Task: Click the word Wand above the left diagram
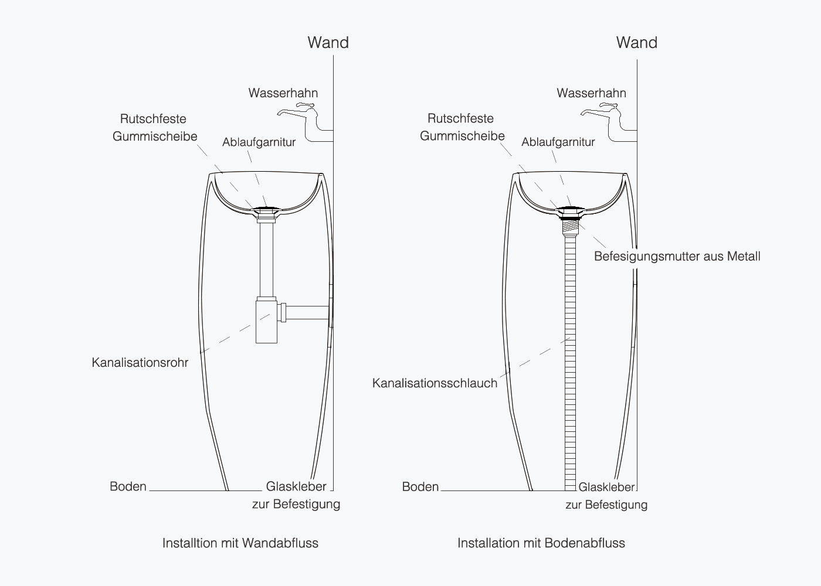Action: (x=328, y=42)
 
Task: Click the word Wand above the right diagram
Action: (x=637, y=42)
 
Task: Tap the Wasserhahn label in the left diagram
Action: (x=283, y=93)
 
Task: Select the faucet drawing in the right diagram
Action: (x=609, y=122)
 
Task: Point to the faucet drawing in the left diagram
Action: (x=306, y=122)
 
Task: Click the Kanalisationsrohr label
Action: (x=140, y=363)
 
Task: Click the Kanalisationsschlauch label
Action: (x=435, y=383)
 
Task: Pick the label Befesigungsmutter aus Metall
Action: (x=677, y=257)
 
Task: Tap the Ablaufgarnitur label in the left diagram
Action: (x=259, y=142)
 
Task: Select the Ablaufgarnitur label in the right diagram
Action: (x=558, y=142)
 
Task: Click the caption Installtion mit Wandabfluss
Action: (x=240, y=543)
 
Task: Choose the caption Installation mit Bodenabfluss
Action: (x=541, y=543)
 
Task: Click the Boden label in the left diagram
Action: (x=128, y=486)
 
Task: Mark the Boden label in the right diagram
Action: (x=420, y=487)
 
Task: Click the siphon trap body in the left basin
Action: (x=266, y=321)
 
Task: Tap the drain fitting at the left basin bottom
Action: (x=266, y=211)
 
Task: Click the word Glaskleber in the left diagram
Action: (x=296, y=486)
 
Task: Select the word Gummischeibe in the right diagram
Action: (x=462, y=136)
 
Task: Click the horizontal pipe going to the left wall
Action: (x=307, y=312)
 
